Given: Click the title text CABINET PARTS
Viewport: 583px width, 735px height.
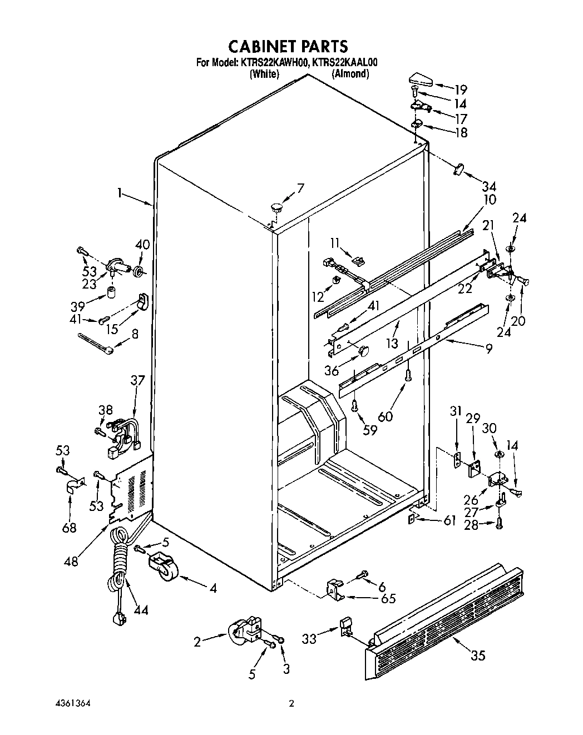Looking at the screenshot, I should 289,46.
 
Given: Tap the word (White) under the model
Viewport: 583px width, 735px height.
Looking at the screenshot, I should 264,74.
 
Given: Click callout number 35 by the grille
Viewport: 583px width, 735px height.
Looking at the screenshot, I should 478,655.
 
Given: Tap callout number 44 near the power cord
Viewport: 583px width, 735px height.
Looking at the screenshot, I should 141,610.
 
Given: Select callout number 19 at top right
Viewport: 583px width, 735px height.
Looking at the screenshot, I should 460,89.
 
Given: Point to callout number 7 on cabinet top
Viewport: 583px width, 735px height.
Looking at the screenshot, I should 300,188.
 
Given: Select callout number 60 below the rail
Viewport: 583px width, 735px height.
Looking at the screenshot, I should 384,415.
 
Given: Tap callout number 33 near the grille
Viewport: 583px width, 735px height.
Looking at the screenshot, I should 309,639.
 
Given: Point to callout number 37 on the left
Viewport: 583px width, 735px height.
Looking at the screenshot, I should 137,380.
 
